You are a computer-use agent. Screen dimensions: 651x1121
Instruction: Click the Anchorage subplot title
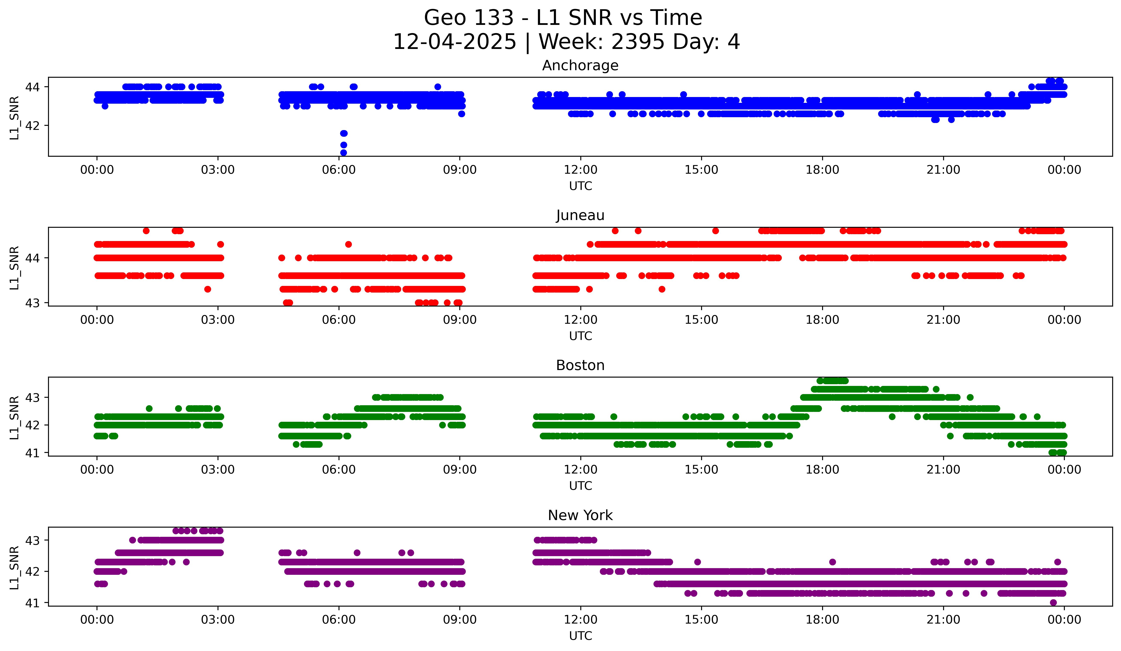pyautogui.click(x=580, y=65)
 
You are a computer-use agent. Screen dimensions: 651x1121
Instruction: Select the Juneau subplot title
pyautogui.click(x=580, y=215)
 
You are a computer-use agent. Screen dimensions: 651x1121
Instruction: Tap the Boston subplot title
pyautogui.click(x=580, y=365)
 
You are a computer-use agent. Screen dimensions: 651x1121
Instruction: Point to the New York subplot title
pyautogui.click(x=580, y=515)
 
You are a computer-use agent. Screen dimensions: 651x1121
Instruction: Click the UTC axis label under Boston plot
pyautogui.click(x=580, y=486)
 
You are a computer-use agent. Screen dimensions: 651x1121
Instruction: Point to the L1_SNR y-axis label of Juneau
pyautogui.click(x=14, y=268)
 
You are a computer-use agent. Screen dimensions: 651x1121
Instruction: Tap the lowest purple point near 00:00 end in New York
pyautogui.click(x=1053, y=602)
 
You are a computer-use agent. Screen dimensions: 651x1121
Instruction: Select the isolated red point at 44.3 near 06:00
pyautogui.click(x=348, y=244)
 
